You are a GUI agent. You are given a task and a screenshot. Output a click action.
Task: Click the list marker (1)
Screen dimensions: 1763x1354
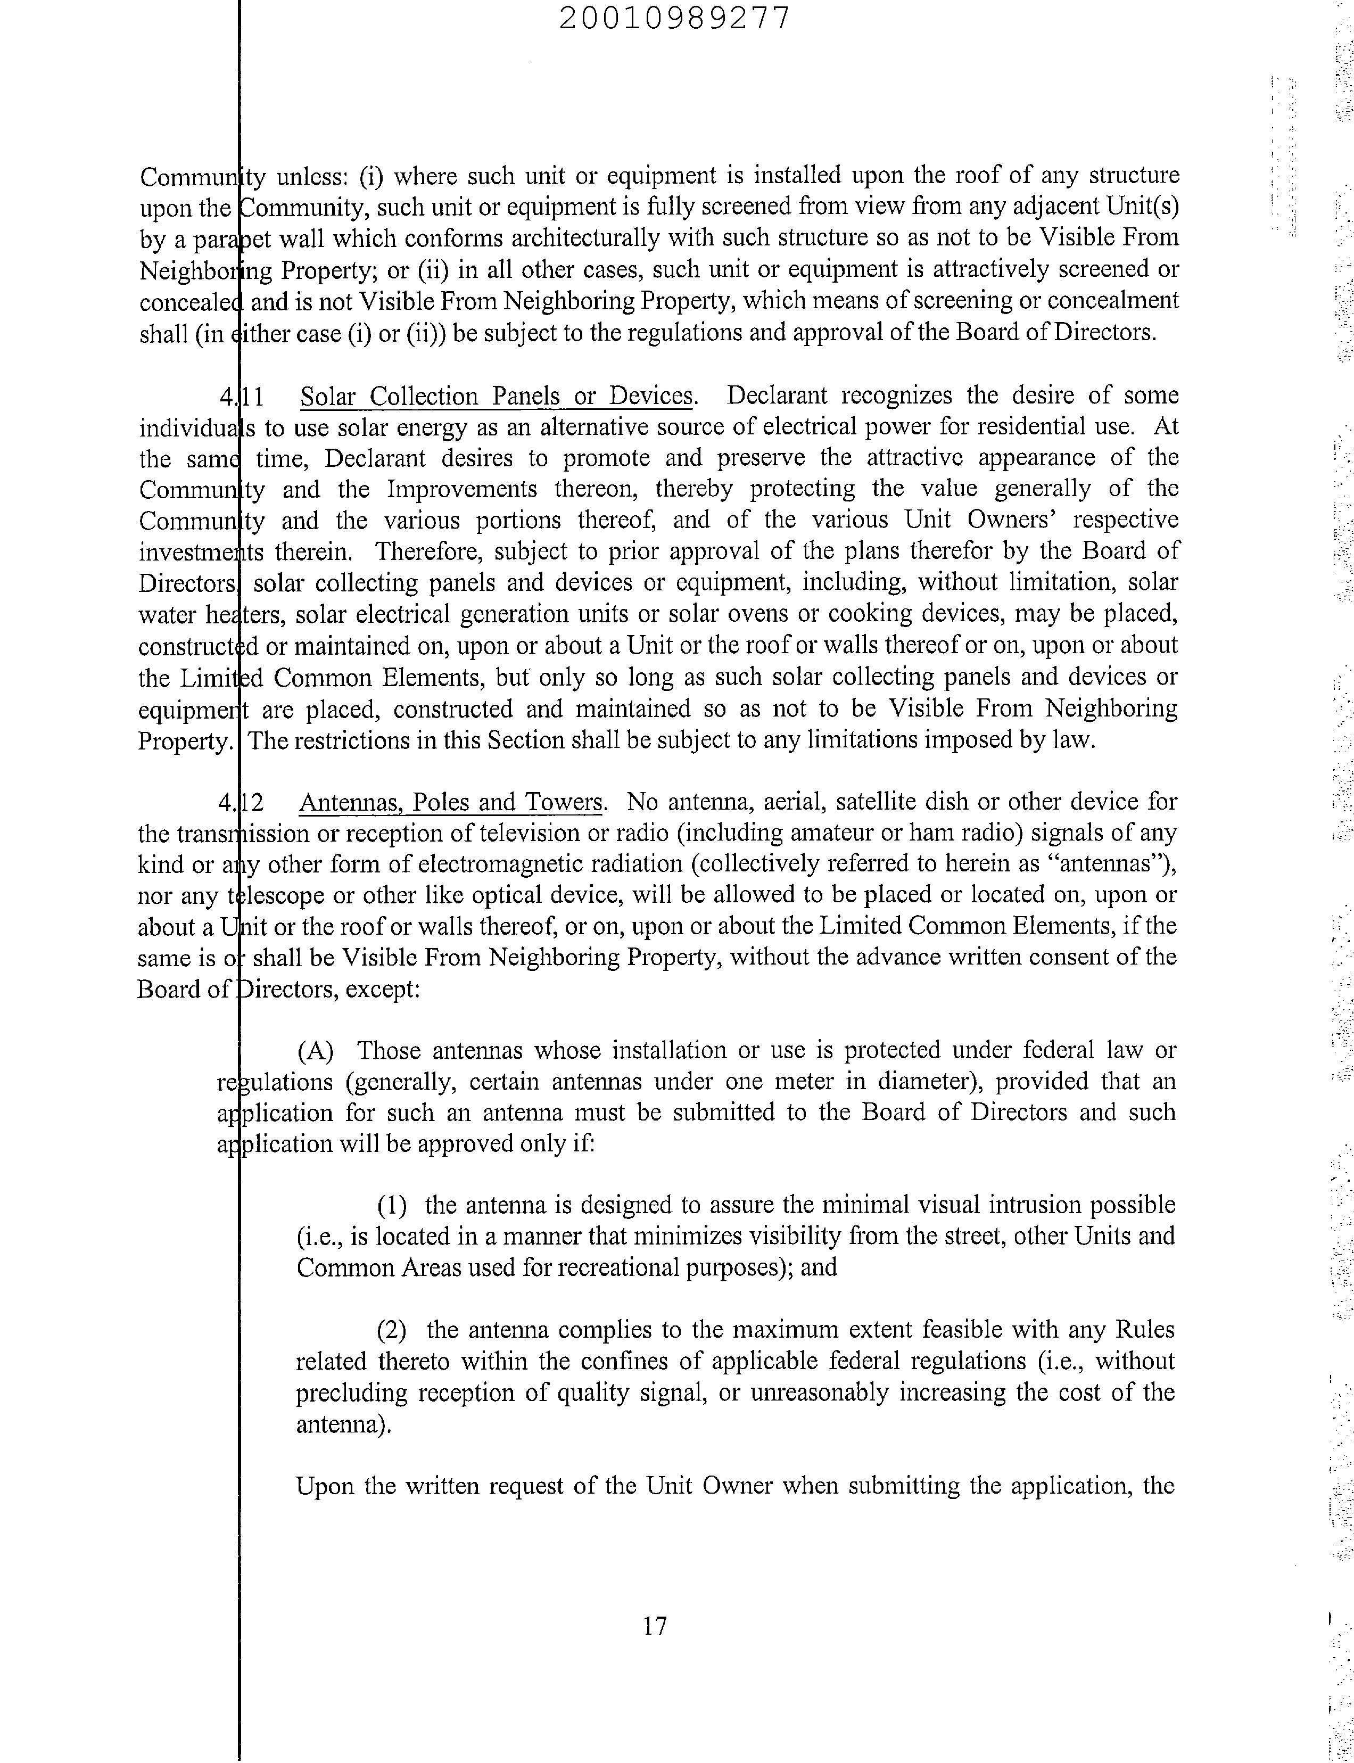tap(392, 1205)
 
